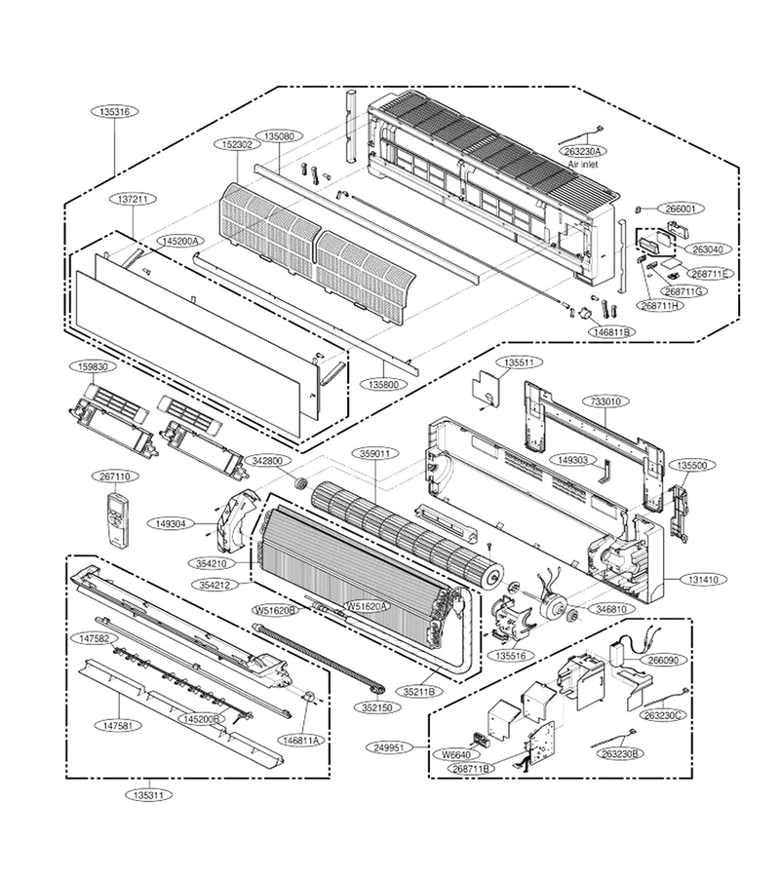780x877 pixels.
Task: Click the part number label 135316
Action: click(115, 112)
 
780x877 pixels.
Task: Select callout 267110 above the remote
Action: click(116, 477)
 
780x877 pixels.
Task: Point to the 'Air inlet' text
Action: click(583, 165)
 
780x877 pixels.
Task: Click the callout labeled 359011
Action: click(375, 453)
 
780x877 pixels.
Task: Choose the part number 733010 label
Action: click(609, 401)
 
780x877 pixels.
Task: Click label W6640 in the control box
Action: click(456, 755)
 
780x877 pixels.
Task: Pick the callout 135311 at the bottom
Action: click(149, 794)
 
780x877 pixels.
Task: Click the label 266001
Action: click(681, 209)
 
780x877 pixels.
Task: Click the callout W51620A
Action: click(367, 606)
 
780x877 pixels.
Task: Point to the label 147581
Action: click(118, 725)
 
